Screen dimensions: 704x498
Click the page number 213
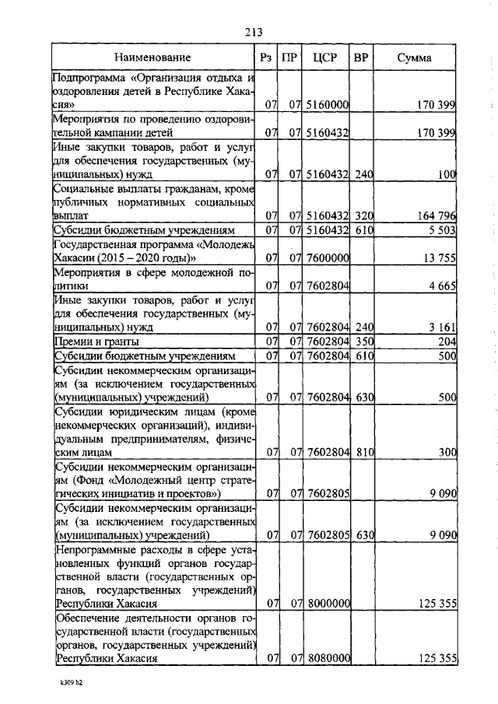pos(251,32)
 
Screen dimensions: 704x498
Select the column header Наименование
pos(153,58)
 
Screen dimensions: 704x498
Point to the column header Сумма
pos(416,58)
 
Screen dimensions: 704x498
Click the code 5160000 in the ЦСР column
pos(328,104)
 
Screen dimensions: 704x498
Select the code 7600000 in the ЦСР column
pos(328,258)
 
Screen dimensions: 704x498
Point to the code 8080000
pos(328,659)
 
